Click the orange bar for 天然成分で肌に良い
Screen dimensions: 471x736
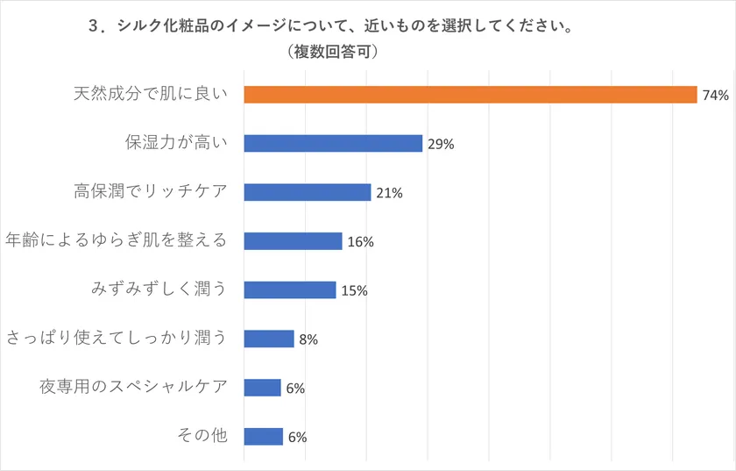point(470,95)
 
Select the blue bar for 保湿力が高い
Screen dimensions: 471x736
point(333,144)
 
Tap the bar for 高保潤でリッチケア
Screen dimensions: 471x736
point(308,192)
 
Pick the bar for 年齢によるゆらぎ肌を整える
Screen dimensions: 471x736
point(293,241)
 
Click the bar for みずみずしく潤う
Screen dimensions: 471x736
point(290,289)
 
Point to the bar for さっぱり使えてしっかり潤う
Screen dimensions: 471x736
point(269,339)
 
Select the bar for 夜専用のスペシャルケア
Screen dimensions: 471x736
point(262,388)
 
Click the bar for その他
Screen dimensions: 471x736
point(263,436)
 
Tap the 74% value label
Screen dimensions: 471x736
point(715,96)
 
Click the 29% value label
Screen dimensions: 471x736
point(441,145)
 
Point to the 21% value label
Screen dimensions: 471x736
point(389,193)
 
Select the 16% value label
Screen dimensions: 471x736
point(360,242)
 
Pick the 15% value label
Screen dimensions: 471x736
point(354,290)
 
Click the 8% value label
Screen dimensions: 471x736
point(308,339)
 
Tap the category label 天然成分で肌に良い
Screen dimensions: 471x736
point(150,94)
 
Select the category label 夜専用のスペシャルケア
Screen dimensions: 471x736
point(133,387)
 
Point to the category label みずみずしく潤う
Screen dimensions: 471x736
point(159,289)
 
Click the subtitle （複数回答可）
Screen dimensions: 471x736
point(332,53)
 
